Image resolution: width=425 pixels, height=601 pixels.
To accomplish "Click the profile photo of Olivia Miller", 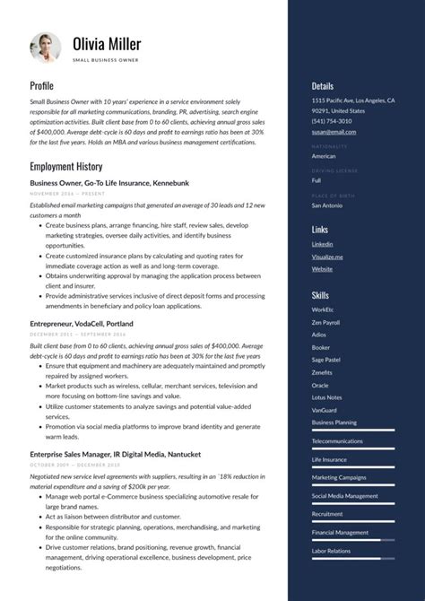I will [x=45, y=48].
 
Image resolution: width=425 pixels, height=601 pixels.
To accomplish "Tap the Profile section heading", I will [x=41, y=85].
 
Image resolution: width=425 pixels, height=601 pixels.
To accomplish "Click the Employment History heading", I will [x=65, y=167].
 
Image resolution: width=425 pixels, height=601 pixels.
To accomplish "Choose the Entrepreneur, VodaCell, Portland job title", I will [x=82, y=323].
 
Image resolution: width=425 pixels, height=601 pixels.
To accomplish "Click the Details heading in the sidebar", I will [x=323, y=86].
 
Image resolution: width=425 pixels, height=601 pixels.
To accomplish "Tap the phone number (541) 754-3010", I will [x=332, y=121].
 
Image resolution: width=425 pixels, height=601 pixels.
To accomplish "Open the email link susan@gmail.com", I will [x=334, y=132].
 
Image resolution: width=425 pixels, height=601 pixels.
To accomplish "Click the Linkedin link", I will [x=322, y=244].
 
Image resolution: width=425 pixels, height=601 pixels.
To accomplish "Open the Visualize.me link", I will [x=327, y=257].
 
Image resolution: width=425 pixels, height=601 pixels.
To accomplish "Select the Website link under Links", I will [x=322, y=269].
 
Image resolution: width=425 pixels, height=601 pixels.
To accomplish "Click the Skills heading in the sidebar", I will [x=320, y=294].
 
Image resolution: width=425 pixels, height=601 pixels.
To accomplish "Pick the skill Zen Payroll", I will [x=325, y=322].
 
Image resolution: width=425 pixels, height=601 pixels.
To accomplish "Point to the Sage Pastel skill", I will [x=326, y=359].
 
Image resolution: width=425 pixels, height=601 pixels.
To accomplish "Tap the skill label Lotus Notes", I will [x=326, y=396].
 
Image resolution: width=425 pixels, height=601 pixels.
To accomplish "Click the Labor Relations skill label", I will [x=332, y=551].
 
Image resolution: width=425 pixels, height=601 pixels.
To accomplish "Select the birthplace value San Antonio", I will [x=326, y=205].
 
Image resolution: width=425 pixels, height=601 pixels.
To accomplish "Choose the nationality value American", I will [x=324, y=156].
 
